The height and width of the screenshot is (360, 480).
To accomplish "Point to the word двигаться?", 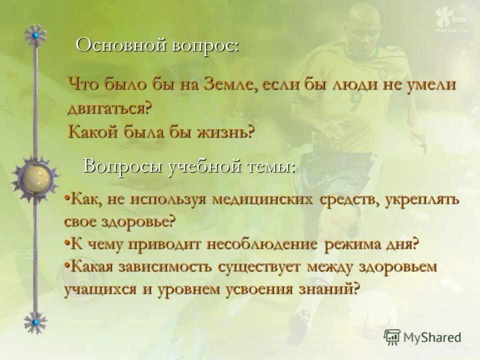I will tap(109, 108).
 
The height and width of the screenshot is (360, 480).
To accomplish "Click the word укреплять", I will tap(425, 199).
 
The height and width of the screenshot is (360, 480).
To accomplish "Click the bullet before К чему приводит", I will tap(67, 243).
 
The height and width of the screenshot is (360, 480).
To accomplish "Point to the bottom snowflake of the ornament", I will tap(35, 322).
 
